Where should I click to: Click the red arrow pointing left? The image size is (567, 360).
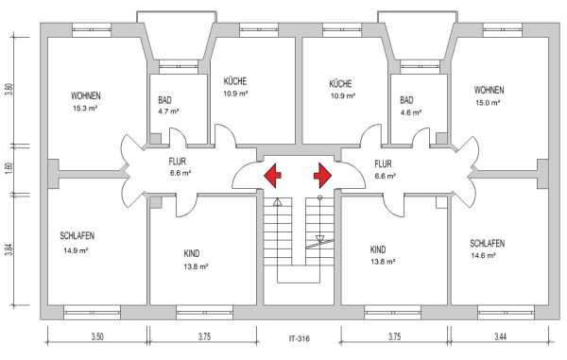pyautogui.click(x=272, y=176)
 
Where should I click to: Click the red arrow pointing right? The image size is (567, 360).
pyautogui.click(x=322, y=176)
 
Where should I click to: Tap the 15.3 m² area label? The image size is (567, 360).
pyautogui.click(x=85, y=108)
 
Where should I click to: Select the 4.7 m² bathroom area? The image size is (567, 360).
pyautogui.click(x=168, y=111)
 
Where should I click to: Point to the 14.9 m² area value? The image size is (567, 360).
pyautogui.click(x=76, y=250)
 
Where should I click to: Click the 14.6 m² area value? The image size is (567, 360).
pyautogui.click(x=483, y=255)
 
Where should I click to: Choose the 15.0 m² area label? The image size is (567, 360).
pyautogui.click(x=488, y=103)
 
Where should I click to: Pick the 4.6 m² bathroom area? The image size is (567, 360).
pyautogui.click(x=411, y=112)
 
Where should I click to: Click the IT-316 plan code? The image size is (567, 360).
pyautogui.click(x=299, y=339)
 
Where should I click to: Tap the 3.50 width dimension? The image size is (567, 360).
pyautogui.click(x=97, y=337)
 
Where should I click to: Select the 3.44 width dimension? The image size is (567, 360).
pyautogui.click(x=501, y=337)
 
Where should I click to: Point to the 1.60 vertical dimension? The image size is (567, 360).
pyautogui.click(x=9, y=168)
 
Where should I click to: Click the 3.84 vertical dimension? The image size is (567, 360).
pyautogui.click(x=9, y=249)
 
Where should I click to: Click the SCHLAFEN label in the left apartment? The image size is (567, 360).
pyautogui.click(x=77, y=236)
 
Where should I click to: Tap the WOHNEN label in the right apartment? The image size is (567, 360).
pyautogui.click(x=489, y=90)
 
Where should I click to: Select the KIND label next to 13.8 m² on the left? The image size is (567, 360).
pyautogui.click(x=191, y=253)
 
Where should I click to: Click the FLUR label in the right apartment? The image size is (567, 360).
pyautogui.click(x=383, y=164)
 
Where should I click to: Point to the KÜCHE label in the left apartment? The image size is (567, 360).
pyautogui.click(x=235, y=81)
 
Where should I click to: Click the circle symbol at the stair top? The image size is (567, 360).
pyautogui.click(x=319, y=197)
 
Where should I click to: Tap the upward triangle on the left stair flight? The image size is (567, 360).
pyautogui.click(x=277, y=202)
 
